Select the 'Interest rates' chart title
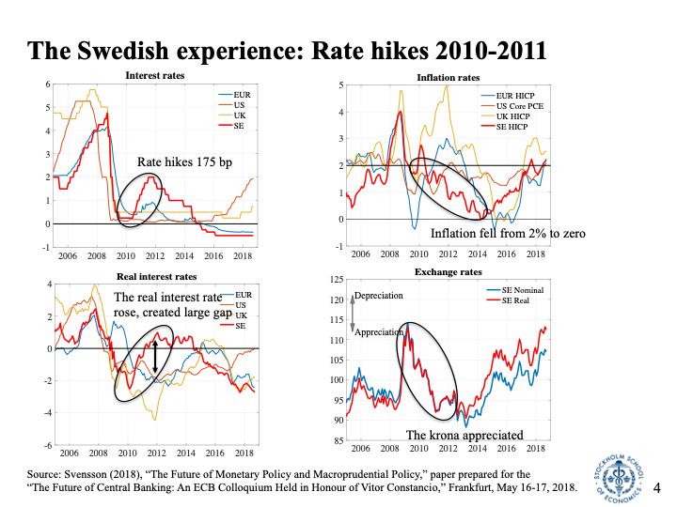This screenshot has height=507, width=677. point(155,76)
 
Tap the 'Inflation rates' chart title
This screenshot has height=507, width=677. point(448,76)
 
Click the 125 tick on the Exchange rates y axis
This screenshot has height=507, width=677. point(335,280)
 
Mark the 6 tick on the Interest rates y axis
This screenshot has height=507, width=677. point(46,84)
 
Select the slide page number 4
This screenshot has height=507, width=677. point(657,487)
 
